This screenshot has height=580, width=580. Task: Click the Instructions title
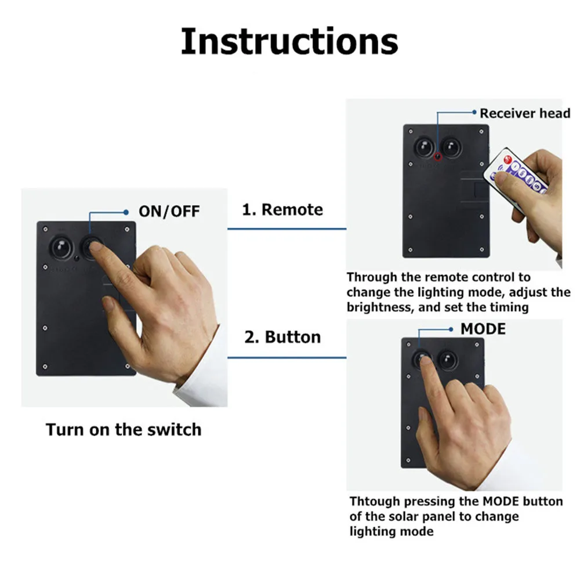click(289, 42)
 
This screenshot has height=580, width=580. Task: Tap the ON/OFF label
click(169, 211)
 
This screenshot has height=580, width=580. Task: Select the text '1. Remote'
click(282, 209)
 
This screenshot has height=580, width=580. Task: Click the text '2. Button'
click(282, 337)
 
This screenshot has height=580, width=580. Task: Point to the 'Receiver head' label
click(525, 113)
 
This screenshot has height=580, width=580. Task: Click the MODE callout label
click(483, 329)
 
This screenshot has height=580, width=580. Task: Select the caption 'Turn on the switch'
click(124, 430)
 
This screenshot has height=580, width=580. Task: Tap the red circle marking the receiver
click(438, 157)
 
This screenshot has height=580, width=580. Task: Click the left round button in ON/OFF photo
click(60, 247)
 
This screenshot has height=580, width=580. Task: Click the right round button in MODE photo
click(447, 360)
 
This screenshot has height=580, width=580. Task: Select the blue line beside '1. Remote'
click(286, 229)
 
